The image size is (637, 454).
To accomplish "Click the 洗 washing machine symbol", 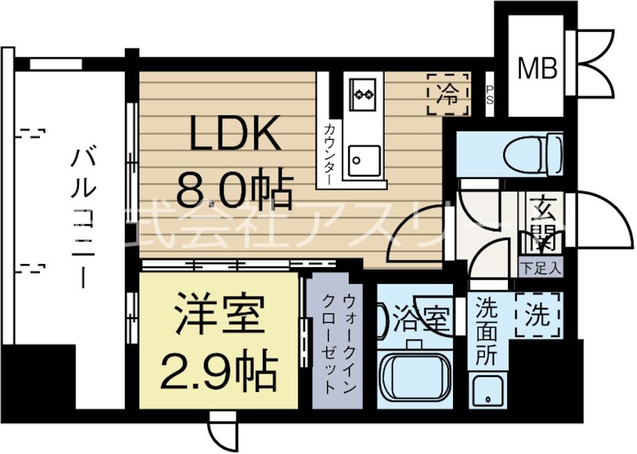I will tap(537, 316).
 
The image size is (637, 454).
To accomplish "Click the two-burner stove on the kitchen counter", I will tap(364, 95).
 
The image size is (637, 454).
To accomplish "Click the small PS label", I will tap(489, 95).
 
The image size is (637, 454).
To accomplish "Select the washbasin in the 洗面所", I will tap(486, 389).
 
